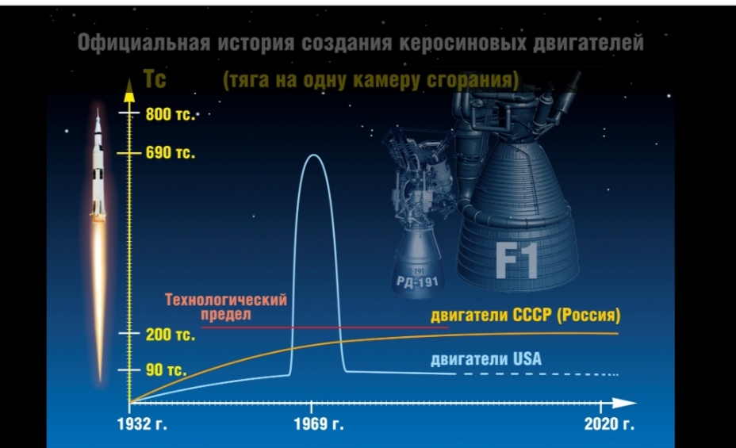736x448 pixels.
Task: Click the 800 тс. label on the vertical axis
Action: click(171, 114)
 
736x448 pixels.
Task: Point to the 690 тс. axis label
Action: click(171, 153)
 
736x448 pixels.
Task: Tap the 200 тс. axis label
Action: click(171, 335)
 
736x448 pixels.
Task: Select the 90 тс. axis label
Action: click(167, 370)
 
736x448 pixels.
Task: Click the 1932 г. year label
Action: click(142, 424)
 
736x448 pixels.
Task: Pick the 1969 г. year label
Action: click(319, 424)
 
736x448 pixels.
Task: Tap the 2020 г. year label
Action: click(609, 424)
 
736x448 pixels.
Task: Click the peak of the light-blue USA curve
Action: click(313, 155)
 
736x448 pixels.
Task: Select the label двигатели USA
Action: click(486, 359)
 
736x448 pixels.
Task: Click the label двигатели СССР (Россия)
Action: click(526, 316)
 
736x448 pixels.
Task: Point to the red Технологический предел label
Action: click(226, 307)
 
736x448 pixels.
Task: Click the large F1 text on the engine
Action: click(517, 262)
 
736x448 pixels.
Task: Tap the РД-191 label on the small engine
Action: click(417, 282)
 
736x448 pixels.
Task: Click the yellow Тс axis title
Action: click(155, 78)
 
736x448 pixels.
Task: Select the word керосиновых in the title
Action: click(462, 43)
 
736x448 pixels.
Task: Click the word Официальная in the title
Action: click(144, 43)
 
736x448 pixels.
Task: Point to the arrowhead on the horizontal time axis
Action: click(624, 403)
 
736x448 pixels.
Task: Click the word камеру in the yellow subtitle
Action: click(387, 80)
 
